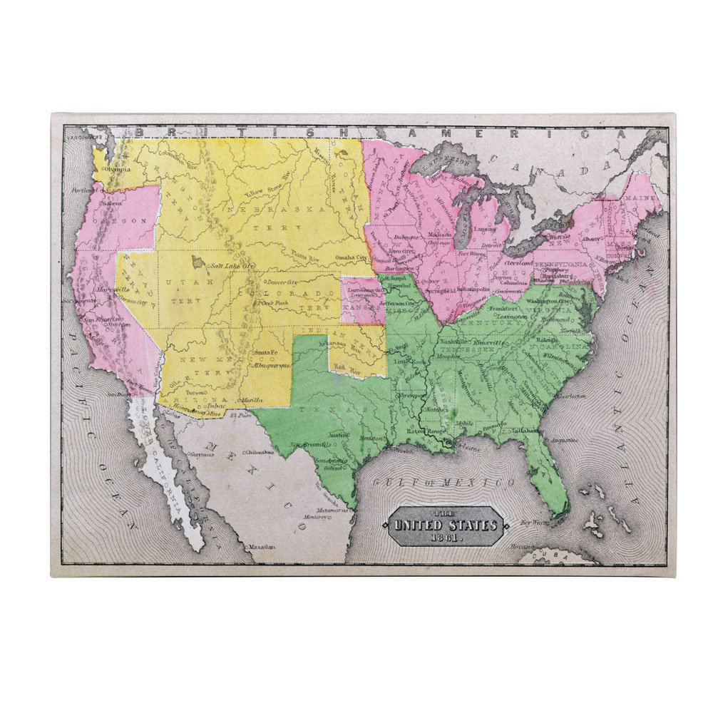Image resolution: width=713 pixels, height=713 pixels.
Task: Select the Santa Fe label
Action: pyautogui.click(x=265, y=354)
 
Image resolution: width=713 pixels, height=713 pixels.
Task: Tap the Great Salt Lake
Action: pyautogui.click(x=196, y=264)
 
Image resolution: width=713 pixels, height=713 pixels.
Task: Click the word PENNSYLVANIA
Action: pyautogui.click(x=568, y=265)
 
